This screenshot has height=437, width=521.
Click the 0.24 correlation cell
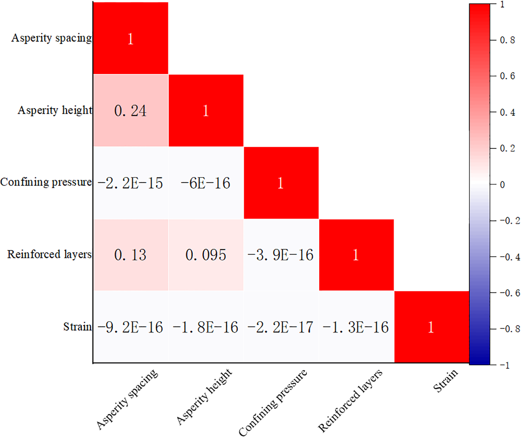coord(131,111)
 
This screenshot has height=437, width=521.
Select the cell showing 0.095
coord(206,255)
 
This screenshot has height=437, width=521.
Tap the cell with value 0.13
coord(131,255)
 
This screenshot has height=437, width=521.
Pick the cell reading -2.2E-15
coord(131,183)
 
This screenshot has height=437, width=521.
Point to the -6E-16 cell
coord(206,183)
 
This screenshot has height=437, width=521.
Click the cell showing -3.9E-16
coord(281,255)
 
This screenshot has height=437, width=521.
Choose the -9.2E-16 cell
coord(131,327)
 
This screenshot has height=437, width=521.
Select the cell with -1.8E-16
coord(206,327)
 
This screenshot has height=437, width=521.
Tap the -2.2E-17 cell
coord(281,327)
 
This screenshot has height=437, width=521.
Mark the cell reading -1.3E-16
coord(356,327)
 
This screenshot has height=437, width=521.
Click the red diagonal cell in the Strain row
coord(431,327)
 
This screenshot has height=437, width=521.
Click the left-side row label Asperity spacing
coord(51,38)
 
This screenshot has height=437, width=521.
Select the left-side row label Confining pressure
coord(46,182)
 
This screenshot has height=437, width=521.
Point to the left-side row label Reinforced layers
coord(49,254)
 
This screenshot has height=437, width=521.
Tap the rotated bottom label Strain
coord(446,381)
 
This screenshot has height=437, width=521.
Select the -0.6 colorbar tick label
coord(510,293)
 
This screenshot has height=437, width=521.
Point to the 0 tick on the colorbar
coord(502,185)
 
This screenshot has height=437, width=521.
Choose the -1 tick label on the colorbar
coord(505,365)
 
